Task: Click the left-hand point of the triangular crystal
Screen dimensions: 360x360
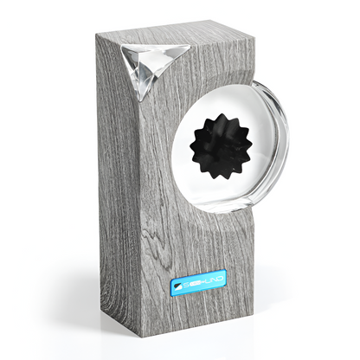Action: point(123,48)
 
